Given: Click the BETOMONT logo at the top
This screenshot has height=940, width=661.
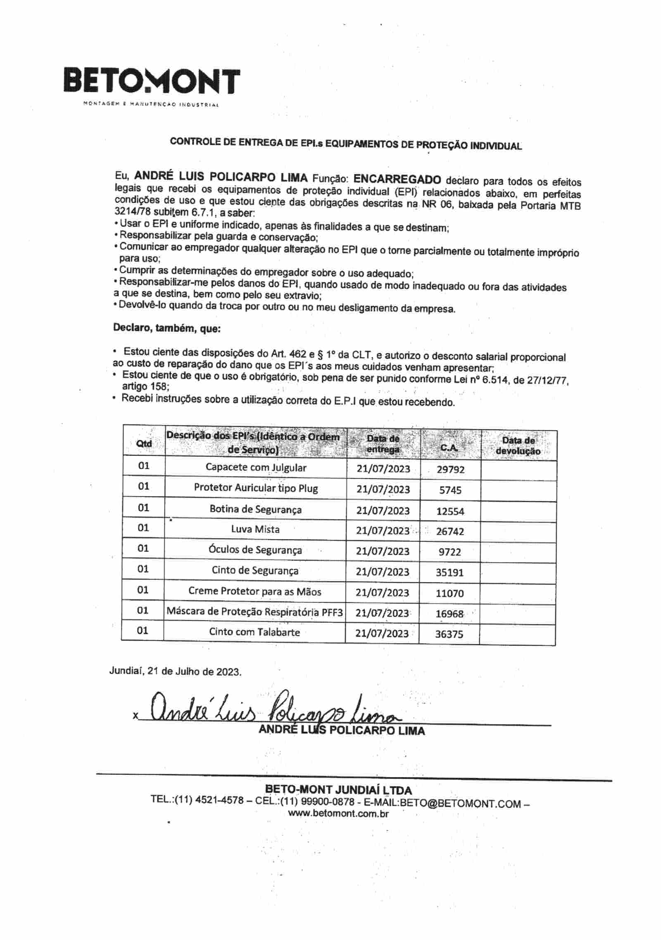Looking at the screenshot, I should [152, 81].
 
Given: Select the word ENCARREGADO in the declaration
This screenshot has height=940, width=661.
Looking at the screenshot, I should [397, 179].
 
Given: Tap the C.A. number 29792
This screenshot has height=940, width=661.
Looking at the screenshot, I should [450, 469].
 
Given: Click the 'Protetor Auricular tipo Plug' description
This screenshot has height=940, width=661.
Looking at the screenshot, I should [256, 488].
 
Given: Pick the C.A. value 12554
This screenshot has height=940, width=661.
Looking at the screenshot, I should [450, 512].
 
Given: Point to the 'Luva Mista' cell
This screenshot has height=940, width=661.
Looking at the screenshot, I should [255, 529].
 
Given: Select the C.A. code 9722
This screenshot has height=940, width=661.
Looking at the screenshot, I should [449, 552].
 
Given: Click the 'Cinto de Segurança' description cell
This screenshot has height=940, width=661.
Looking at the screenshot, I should [255, 571].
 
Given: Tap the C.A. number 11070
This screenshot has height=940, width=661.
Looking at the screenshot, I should [449, 593].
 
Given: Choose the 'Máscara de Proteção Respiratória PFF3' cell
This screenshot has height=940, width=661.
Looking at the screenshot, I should [255, 612].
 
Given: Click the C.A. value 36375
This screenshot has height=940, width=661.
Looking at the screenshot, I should [449, 634].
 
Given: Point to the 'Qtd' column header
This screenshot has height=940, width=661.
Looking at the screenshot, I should [144, 444].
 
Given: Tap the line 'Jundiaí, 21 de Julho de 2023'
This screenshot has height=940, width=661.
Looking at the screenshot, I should [175, 671].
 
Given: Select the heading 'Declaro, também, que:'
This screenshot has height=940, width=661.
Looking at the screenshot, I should [167, 328].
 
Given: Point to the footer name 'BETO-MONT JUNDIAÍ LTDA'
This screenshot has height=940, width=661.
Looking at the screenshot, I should [338, 790].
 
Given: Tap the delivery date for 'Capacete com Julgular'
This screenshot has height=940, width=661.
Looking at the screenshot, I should [383, 469].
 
